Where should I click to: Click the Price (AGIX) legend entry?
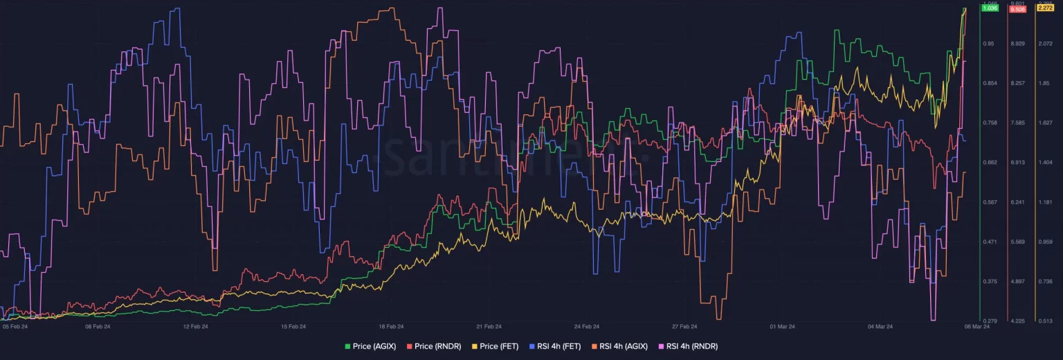[x=370, y=345]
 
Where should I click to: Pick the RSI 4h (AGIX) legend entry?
[x=620, y=345]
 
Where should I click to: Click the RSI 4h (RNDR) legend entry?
[x=688, y=345]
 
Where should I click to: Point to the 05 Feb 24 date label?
[x=15, y=326]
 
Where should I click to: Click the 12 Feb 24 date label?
[x=195, y=326]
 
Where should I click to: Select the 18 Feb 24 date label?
[x=391, y=326]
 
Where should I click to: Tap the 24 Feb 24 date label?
[x=587, y=326]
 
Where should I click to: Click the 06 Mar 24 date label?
[x=977, y=326]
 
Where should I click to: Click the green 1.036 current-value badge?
[x=990, y=8]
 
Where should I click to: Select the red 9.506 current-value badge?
[x=1017, y=9]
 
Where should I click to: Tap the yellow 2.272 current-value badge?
[x=1044, y=8]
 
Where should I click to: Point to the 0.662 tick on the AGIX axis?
[x=990, y=162]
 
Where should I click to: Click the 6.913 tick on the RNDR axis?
[x=1017, y=162]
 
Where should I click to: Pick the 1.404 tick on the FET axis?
[x=1044, y=162]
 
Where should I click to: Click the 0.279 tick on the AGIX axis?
[x=990, y=321]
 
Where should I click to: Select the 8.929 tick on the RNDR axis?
[x=1017, y=44]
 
